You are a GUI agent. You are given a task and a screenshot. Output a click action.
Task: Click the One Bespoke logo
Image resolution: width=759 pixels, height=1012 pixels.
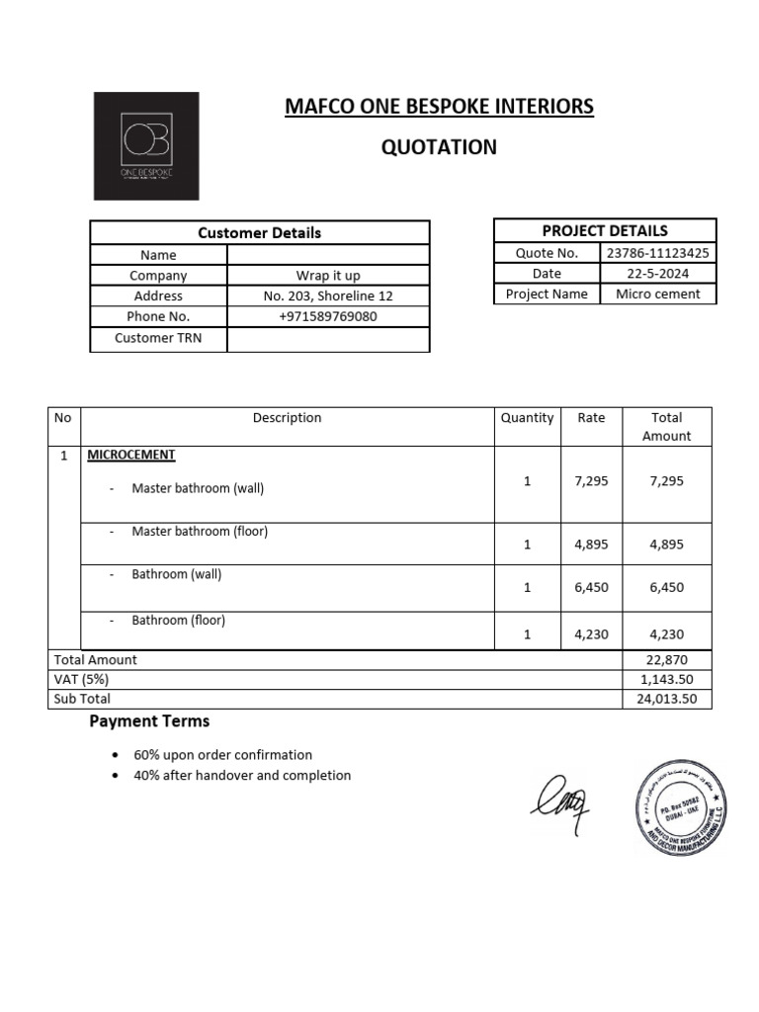pos(145,145)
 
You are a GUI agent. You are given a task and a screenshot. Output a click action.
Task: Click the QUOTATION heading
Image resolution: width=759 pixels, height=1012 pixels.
pos(439,148)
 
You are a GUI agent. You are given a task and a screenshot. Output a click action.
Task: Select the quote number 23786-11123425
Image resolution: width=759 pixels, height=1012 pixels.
pos(658,253)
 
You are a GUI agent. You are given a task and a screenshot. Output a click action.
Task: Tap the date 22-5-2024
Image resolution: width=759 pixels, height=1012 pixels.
pos(658,274)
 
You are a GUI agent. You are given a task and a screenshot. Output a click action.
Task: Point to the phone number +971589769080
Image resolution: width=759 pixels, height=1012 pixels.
pos(328,317)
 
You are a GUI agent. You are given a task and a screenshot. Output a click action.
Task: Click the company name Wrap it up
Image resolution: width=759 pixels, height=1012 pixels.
pos(328,276)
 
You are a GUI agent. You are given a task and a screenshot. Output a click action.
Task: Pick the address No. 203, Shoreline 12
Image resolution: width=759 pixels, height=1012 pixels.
pos(328,296)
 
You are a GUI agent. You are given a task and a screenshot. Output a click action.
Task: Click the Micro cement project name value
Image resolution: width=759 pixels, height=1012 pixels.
pos(658,295)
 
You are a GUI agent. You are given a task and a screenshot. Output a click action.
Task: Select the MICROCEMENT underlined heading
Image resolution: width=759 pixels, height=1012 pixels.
pos(131,456)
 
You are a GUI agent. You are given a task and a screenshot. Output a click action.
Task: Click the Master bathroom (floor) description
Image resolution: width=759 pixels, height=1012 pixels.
pos(200,532)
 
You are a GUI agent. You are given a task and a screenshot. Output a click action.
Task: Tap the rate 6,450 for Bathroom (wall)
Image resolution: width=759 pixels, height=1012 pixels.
pos(591,587)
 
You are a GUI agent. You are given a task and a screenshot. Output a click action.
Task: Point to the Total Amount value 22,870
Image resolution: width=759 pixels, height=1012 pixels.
pos(667,660)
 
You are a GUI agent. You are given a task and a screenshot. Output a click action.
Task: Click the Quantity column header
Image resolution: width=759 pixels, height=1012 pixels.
pos(527,418)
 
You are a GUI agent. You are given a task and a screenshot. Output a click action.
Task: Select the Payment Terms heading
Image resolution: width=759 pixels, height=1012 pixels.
pos(149,721)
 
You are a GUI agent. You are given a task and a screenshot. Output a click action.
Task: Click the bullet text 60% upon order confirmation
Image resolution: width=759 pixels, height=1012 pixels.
pos(222,755)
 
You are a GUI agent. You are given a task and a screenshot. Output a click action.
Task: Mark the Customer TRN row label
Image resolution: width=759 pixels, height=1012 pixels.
pos(158,338)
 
